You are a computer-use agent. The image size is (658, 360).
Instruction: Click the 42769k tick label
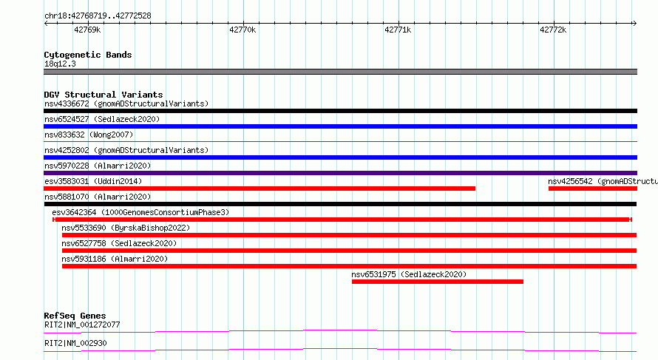tap(87, 30)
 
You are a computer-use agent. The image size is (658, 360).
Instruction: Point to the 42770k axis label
tap(242, 30)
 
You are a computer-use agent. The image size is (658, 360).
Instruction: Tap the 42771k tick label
tap(398, 30)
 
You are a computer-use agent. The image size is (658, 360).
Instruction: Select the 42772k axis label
tap(553, 30)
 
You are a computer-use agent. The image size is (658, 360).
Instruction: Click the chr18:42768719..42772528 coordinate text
tap(98, 16)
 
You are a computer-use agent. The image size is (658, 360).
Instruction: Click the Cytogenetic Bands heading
tap(88, 55)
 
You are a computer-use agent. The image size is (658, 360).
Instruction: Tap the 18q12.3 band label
tap(60, 64)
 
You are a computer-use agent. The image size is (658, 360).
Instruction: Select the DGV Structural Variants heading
tap(104, 95)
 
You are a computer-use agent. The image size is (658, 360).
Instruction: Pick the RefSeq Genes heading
tap(75, 316)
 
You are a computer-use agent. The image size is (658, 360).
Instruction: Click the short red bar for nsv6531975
tap(437, 282)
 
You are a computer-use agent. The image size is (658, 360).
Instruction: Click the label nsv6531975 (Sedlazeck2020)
tap(409, 274)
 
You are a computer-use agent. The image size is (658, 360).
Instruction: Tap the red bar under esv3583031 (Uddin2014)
tap(260, 189)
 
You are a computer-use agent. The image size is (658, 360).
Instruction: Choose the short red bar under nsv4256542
tap(592, 189)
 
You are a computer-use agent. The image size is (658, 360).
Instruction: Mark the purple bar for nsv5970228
tap(340, 173)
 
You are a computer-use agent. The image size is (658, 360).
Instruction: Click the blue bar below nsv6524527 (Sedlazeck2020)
tap(340, 126)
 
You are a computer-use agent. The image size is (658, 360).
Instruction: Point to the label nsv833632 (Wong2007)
tap(89, 135)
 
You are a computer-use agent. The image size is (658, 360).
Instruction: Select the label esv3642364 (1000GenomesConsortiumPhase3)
tap(140, 212)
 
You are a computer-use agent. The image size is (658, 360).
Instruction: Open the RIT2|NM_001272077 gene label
tap(82, 325)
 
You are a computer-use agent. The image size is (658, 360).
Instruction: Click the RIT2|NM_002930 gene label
tap(75, 343)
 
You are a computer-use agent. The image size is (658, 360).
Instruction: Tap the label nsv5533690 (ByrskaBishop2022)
tap(126, 228)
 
